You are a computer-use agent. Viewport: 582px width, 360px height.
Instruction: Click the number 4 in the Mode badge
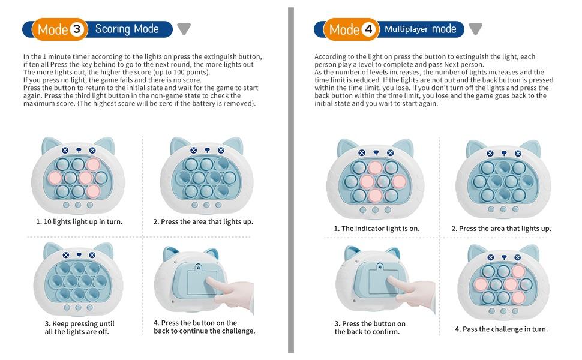[369, 29]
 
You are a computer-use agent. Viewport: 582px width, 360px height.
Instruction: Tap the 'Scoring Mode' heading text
[127, 29]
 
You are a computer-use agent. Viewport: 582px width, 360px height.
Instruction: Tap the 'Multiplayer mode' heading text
[420, 29]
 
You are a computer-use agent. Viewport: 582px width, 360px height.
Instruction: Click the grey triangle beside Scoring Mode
[184, 29]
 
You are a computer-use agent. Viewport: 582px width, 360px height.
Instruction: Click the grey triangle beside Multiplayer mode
[475, 29]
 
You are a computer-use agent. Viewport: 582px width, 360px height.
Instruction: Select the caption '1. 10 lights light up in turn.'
[79, 221]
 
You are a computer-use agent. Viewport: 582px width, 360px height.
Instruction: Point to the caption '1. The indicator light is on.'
[376, 229]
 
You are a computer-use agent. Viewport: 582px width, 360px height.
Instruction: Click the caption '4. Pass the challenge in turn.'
[501, 329]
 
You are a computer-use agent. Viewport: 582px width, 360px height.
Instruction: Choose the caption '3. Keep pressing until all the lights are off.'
[79, 328]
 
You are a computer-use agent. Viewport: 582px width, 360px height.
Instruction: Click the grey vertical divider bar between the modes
[291, 180]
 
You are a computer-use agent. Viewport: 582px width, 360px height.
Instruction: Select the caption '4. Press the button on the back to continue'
[204, 327]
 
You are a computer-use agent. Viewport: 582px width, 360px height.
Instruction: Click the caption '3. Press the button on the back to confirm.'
[370, 328]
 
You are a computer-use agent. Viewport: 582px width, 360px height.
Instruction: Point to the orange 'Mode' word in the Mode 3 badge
[53, 29]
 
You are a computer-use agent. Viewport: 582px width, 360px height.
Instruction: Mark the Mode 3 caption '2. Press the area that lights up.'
[203, 221]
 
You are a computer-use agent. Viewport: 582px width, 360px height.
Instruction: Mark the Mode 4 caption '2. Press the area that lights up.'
[501, 229]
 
